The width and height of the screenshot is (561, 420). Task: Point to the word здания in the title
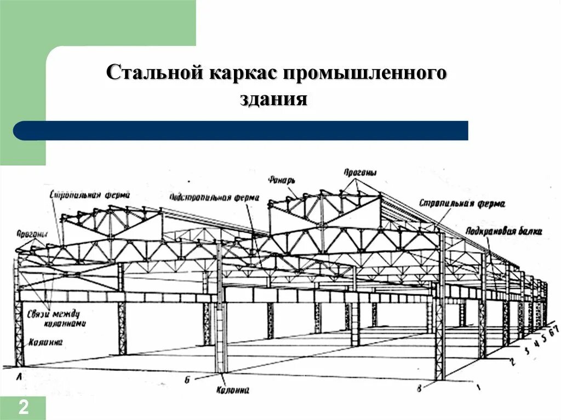(x=272, y=100)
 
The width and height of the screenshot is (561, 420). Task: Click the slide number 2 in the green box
(x=24, y=407)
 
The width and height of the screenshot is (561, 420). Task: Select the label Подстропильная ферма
(x=214, y=197)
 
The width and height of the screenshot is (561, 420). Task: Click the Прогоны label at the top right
(x=360, y=173)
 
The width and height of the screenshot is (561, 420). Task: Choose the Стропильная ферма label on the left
(x=89, y=194)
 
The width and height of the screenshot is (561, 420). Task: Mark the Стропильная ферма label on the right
(x=462, y=204)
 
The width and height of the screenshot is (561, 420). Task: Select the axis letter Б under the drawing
(x=187, y=379)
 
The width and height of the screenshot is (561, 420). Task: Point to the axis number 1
(x=478, y=388)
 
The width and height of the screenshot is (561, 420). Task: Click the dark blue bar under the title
(x=241, y=130)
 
